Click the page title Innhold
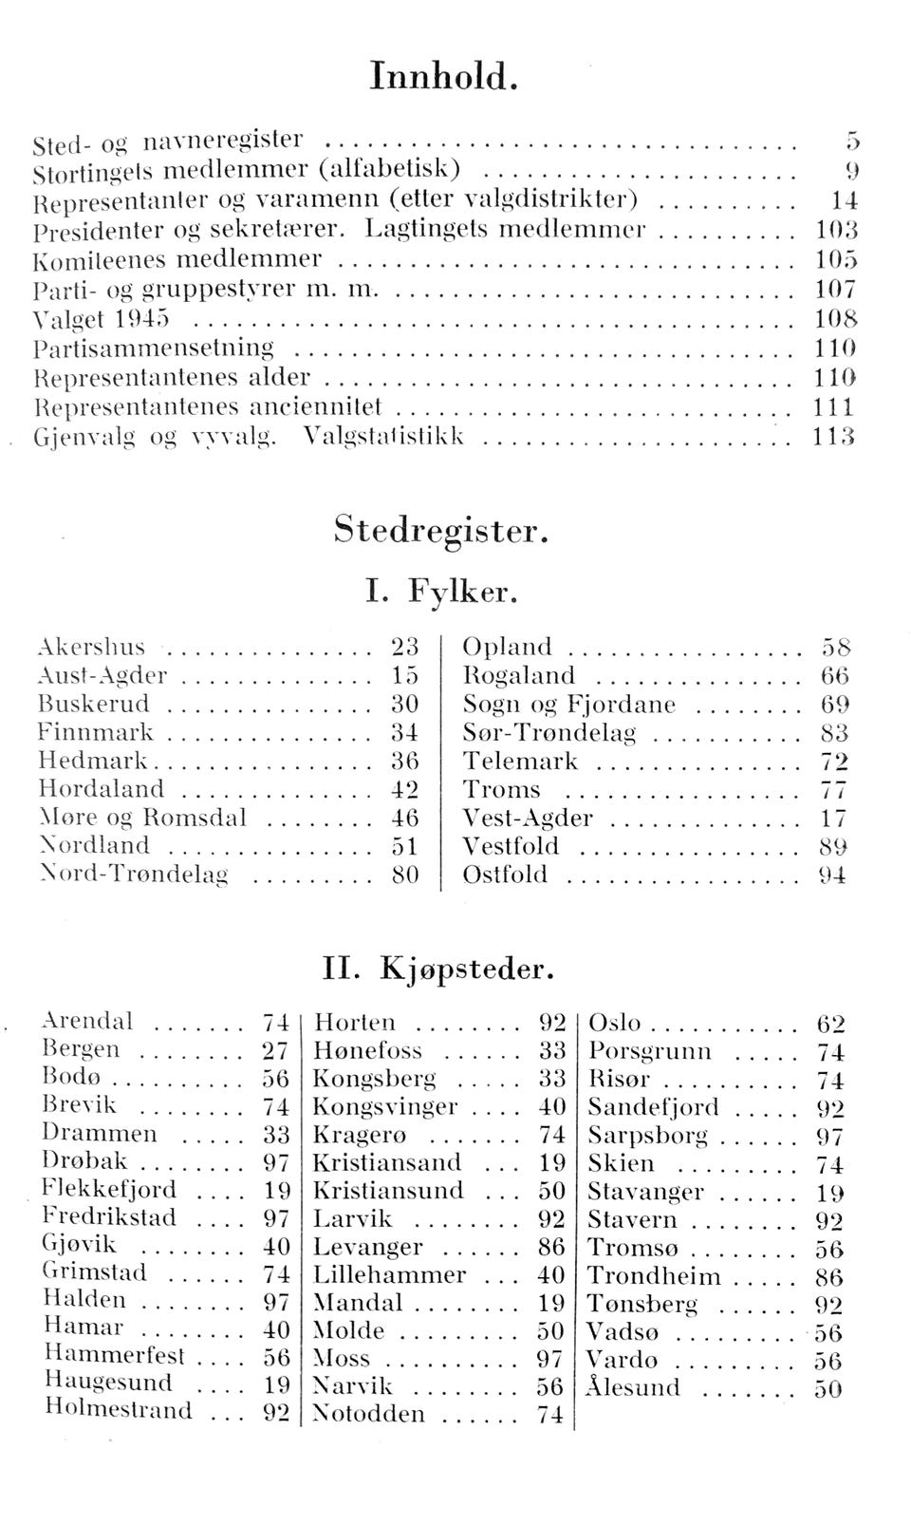pyautogui.click(x=443, y=76)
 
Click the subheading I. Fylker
pyautogui.click(x=442, y=593)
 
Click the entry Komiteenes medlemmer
pyautogui.click(x=177, y=258)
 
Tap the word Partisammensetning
pyautogui.click(x=153, y=348)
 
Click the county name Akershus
pyautogui.click(x=91, y=648)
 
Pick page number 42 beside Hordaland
pyautogui.click(x=405, y=789)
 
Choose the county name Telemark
pyautogui.click(x=520, y=762)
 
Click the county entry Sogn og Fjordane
pyautogui.click(x=568, y=705)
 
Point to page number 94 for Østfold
pyautogui.click(x=831, y=875)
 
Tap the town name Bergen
pyautogui.click(x=82, y=1049)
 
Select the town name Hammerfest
pyautogui.click(x=114, y=1354)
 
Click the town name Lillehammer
pyautogui.click(x=389, y=1274)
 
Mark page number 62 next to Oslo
pyautogui.click(x=830, y=1024)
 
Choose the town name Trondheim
pyautogui.click(x=654, y=1276)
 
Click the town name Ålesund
pyautogui.click(x=633, y=1387)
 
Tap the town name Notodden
pyautogui.click(x=368, y=1414)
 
